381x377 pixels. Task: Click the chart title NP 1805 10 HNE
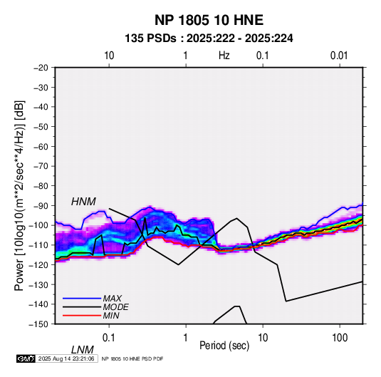click(209, 20)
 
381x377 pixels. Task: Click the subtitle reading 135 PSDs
click(150, 38)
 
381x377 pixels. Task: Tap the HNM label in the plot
click(83, 202)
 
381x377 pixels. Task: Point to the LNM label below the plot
click(83, 350)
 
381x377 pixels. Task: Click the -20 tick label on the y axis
click(41, 68)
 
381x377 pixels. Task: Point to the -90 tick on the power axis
click(41, 205)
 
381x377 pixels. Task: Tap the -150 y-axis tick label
click(38, 324)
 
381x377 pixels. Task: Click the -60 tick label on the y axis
click(41, 146)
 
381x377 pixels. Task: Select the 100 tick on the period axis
click(340, 338)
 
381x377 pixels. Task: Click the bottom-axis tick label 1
click(186, 338)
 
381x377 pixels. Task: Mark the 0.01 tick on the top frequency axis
click(339, 56)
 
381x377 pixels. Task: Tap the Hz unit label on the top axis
click(224, 56)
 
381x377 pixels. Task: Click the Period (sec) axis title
click(224, 346)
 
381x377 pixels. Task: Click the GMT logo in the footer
click(26, 358)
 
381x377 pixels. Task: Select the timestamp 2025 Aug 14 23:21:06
click(66, 358)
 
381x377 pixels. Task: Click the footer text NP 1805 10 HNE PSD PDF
click(132, 358)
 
